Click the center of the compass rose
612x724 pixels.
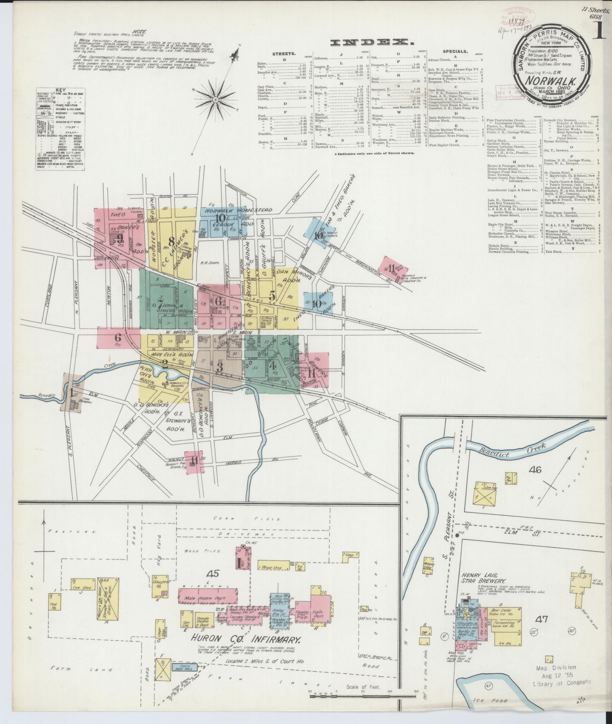coord(216,100)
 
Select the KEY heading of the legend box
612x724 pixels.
coord(61,90)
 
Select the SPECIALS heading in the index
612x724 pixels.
coord(454,51)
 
